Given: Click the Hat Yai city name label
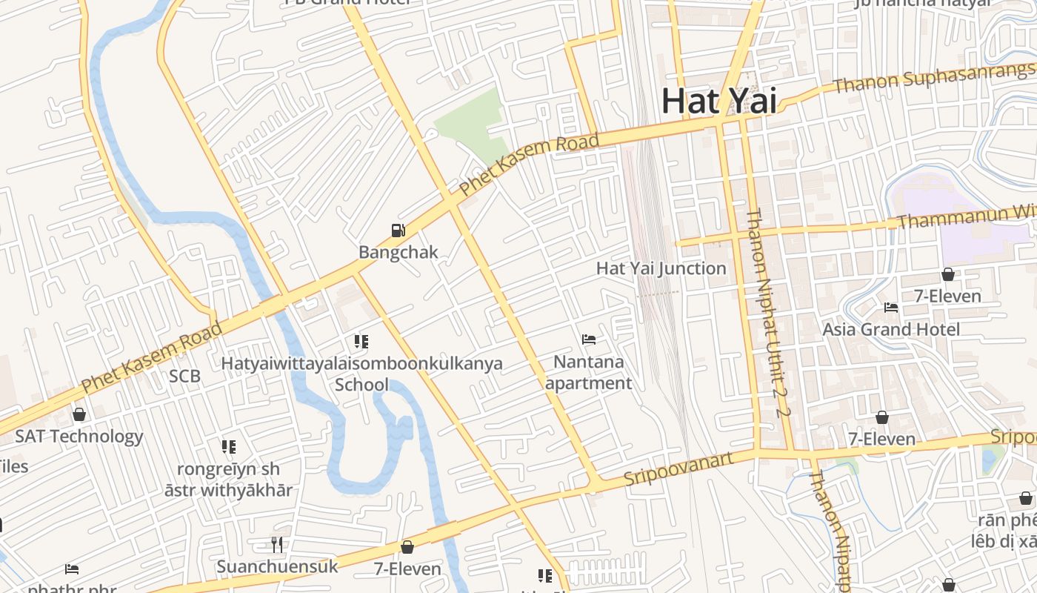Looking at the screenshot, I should (x=718, y=101).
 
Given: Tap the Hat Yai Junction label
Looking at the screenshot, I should (x=661, y=268).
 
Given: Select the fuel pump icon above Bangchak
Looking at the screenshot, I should (x=399, y=231).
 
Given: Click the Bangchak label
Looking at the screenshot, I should (x=399, y=252).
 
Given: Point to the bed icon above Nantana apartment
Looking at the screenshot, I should (x=589, y=340).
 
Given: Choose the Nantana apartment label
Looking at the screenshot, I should (x=589, y=373).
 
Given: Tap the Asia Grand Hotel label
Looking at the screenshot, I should (x=891, y=329).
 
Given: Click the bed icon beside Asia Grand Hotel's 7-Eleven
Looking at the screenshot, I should (x=891, y=307).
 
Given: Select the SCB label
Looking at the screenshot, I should (x=184, y=376).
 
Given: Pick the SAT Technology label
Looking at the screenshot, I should (x=79, y=437).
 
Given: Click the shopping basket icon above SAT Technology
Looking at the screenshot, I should (x=79, y=414).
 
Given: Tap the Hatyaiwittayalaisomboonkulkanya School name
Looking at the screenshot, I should (x=361, y=374).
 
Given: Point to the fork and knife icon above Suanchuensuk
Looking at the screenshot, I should (x=277, y=545).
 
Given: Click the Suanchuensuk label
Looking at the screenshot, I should (x=277, y=567).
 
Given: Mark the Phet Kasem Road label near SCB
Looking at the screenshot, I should (x=152, y=358).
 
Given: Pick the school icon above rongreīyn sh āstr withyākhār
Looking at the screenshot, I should (x=229, y=446).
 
